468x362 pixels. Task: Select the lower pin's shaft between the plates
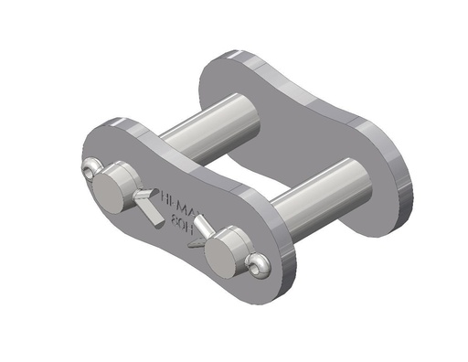324,187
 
